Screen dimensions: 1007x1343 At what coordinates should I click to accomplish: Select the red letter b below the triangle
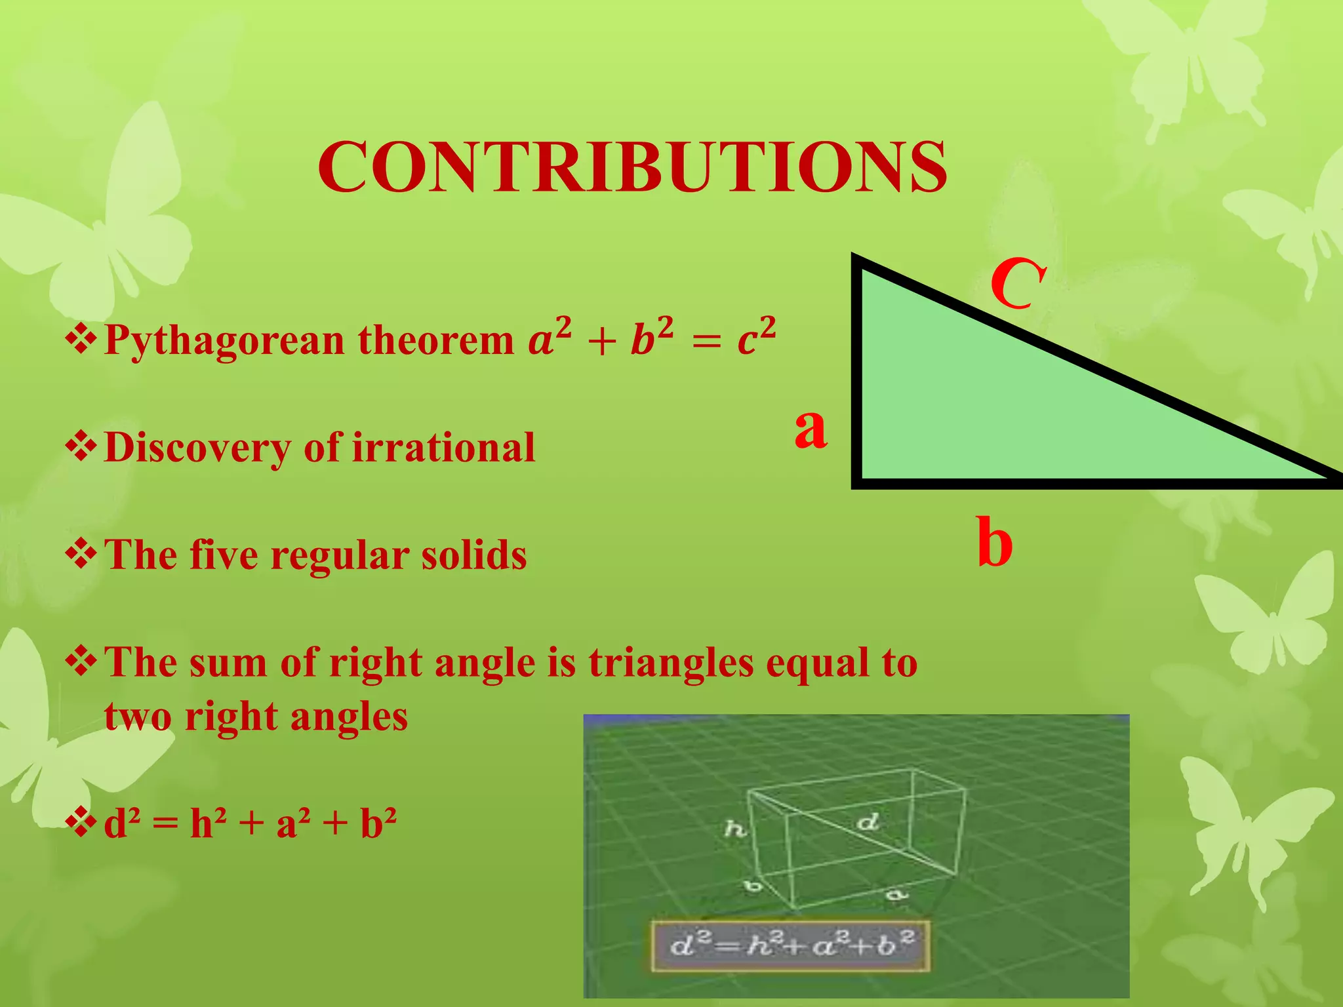[x=994, y=543]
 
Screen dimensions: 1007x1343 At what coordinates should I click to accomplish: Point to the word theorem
[x=435, y=341]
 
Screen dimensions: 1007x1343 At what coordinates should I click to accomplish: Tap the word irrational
[x=443, y=448]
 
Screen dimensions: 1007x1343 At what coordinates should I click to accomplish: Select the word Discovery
[x=197, y=448]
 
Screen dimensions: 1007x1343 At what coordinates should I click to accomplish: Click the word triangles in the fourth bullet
[x=671, y=663]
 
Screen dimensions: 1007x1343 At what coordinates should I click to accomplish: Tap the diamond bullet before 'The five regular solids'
[x=81, y=553]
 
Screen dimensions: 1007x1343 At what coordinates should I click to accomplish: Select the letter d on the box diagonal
[x=868, y=821]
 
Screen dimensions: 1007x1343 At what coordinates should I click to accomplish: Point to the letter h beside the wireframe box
[x=735, y=829]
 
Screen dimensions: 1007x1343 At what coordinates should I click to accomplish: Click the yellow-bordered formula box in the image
[x=790, y=946]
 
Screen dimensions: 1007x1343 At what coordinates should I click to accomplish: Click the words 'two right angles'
[x=256, y=717]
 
